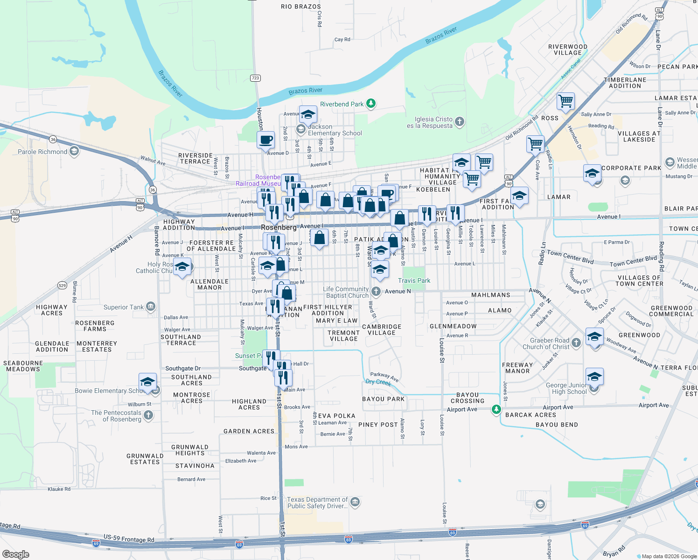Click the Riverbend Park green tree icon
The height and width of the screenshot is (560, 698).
click(x=371, y=103)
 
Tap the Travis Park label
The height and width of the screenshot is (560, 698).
click(x=414, y=280)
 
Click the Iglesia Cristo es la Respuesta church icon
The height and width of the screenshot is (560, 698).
click(x=460, y=122)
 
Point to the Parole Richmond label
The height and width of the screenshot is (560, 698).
click(x=42, y=152)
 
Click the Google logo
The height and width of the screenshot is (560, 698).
click(x=15, y=554)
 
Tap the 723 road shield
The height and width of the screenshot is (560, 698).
click(x=255, y=78)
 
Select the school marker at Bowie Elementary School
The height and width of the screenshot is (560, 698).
click(x=147, y=382)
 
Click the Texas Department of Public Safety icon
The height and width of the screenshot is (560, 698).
click(x=355, y=502)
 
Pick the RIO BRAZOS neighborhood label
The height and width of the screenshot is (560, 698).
click(x=300, y=7)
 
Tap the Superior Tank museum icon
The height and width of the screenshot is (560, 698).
click(x=150, y=307)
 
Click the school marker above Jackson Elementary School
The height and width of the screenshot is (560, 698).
click(x=308, y=114)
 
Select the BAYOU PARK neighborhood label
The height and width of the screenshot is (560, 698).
click(x=383, y=399)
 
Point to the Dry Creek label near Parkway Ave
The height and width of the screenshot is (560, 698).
click(x=378, y=382)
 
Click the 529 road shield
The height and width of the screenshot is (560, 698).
click(x=62, y=285)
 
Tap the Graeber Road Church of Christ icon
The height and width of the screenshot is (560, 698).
click(x=576, y=343)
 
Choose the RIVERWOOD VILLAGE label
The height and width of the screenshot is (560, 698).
click(x=567, y=49)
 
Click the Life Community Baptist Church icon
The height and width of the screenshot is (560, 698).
click(x=376, y=291)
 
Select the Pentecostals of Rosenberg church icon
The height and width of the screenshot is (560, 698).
click(x=148, y=415)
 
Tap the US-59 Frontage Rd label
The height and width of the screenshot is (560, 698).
click(x=129, y=539)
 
